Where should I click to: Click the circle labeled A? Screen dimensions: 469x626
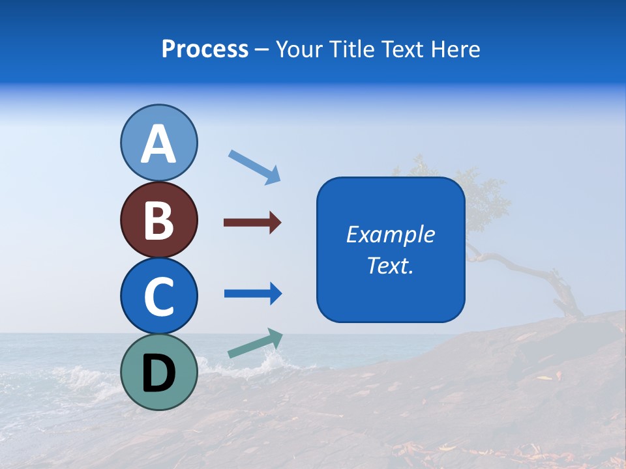(x=158, y=143)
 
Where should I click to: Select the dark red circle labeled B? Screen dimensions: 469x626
(x=158, y=220)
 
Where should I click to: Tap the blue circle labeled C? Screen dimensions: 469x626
(x=158, y=296)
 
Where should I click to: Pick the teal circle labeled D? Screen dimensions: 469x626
(x=158, y=372)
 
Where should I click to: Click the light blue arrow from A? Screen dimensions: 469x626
(x=254, y=167)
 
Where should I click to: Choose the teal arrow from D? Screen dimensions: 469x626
(x=255, y=343)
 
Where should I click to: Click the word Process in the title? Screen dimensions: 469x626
(x=205, y=49)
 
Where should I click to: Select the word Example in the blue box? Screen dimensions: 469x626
(x=390, y=234)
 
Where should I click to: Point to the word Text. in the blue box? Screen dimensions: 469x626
(x=390, y=265)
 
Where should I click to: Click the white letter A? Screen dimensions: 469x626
(x=158, y=145)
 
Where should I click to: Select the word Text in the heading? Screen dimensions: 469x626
(x=402, y=49)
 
